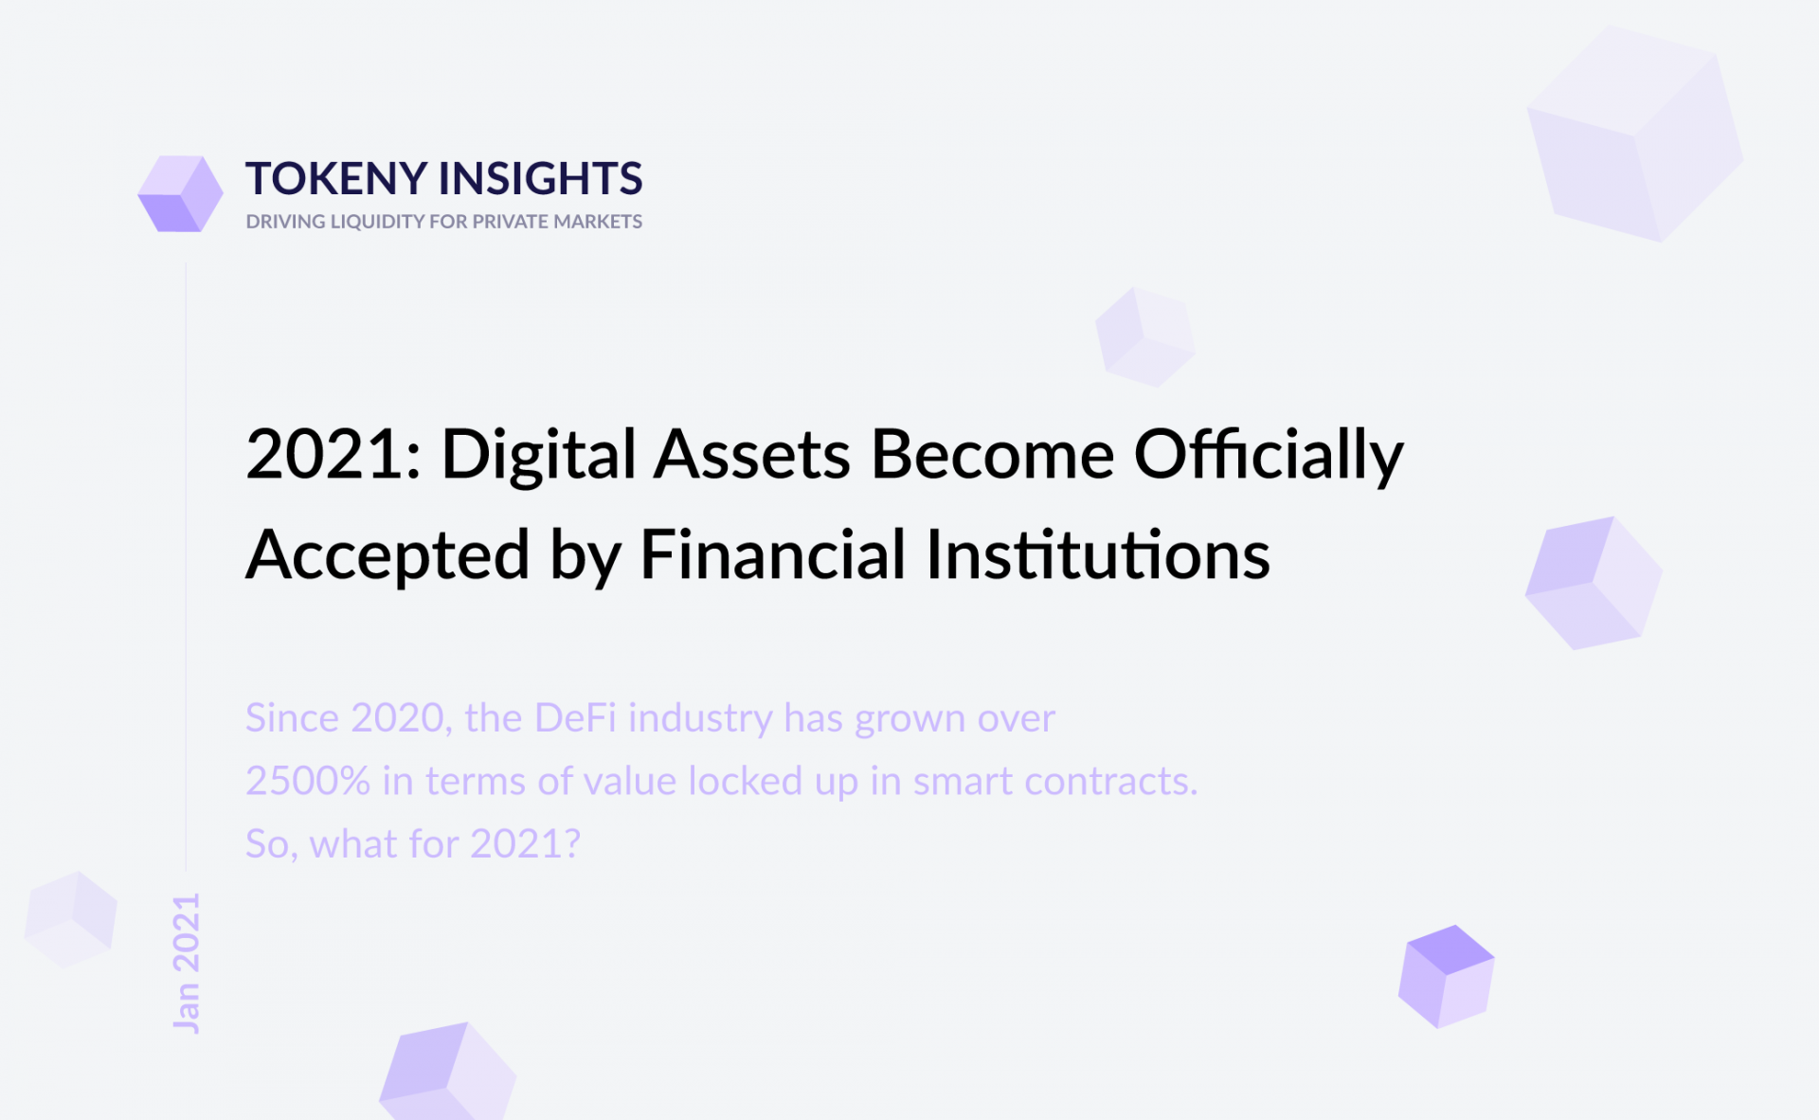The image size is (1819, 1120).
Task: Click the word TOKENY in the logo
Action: pos(336,178)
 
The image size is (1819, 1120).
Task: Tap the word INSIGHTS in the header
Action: pos(541,178)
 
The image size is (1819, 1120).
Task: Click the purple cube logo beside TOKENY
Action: pos(180,193)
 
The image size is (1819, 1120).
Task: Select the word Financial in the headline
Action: pos(773,554)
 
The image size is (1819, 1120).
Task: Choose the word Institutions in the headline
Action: pos(1098,554)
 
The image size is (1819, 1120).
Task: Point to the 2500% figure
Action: pos(308,782)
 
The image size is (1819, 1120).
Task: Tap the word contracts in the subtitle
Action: pos(1111,782)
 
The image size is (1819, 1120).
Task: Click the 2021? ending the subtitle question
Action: pos(525,844)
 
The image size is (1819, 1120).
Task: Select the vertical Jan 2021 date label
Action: pos(187,963)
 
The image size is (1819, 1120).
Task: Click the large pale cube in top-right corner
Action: pos(1635,133)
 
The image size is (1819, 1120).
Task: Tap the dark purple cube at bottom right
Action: pos(1447,977)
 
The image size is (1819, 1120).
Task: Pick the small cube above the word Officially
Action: pos(1145,337)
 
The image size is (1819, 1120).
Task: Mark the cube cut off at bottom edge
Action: pos(448,1072)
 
